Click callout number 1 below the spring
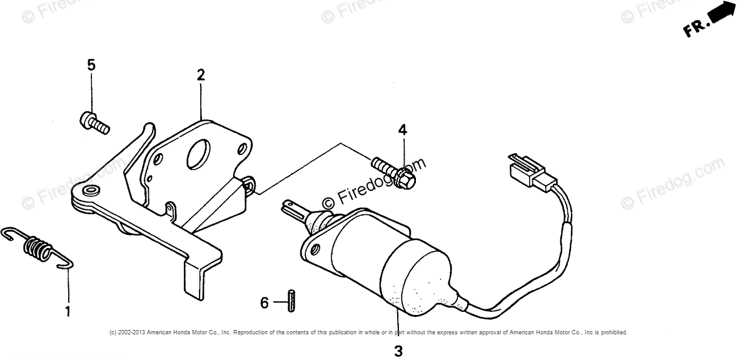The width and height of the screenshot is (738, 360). coord(68,311)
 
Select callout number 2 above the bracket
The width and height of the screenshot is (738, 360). coord(201,76)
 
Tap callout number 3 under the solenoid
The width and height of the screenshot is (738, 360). coord(398,351)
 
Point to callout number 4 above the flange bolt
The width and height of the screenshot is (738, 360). coord(402,130)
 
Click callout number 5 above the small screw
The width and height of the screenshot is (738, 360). coord(91,65)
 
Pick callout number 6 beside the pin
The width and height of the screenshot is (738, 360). coord(265,303)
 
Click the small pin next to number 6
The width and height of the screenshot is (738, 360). coord(291,300)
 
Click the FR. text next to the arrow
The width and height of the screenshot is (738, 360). coord(696,28)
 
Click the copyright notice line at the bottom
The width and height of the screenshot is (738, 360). coord(368,332)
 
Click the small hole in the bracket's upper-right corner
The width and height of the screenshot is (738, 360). coord(241,150)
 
